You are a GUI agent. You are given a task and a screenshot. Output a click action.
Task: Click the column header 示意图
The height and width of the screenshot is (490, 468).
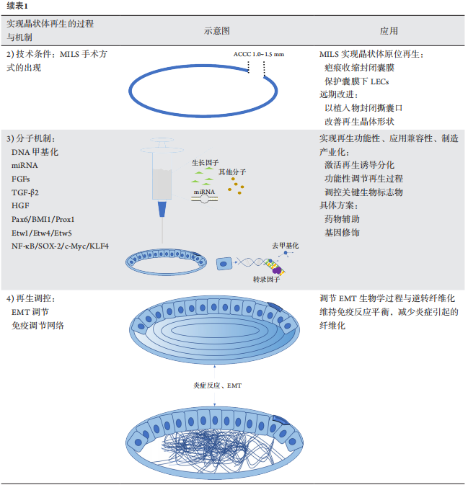(x=217, y=31)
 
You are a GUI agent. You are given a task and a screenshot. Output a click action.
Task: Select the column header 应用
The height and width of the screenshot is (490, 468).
(x=389, y=31)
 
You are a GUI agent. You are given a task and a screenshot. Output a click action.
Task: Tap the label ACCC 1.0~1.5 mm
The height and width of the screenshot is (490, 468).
(x=259, y=54)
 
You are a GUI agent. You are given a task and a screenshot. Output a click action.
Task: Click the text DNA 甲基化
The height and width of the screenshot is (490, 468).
(x=35, y=152)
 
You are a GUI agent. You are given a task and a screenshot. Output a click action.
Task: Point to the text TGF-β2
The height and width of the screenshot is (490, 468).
(x=25, y=192)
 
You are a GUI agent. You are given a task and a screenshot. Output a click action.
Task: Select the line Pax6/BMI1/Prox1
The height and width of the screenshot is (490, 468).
(x=43, y=219)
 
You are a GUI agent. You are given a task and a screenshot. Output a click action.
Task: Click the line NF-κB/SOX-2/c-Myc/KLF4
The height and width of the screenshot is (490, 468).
(x=60, y=246)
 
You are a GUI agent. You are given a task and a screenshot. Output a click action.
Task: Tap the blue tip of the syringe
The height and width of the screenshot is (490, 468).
(x=162, y=209)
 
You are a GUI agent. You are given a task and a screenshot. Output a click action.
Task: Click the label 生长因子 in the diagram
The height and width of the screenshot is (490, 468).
(x=205, y=163)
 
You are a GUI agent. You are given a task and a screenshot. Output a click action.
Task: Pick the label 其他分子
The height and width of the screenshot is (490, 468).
(x=232, y=172)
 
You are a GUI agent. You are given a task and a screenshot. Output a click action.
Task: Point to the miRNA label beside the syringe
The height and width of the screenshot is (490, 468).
(x=205, y=192)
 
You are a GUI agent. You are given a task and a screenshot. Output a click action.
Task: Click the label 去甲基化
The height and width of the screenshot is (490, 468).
(x=285, y=246)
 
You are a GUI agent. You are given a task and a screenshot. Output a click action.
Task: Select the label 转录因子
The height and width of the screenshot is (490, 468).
(x=266, y=280)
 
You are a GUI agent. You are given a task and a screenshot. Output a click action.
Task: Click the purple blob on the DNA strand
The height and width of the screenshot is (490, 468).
(x=277, y=269)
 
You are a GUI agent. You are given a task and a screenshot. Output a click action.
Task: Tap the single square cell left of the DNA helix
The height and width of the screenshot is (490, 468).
(x=224, y=264)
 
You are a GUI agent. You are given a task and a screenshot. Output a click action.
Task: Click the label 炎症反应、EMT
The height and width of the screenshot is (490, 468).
(x=218, y=386)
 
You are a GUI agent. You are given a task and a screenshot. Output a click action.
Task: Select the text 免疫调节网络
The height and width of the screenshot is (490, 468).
(x=37, y=326)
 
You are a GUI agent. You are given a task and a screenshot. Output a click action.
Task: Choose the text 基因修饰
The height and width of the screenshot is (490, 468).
(x=342, y=233)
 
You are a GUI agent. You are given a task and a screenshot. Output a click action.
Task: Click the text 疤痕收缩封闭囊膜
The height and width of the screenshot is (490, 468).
(x=360, y=68)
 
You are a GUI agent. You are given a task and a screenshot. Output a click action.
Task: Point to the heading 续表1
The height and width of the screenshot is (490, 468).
(x=17, y=6)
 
